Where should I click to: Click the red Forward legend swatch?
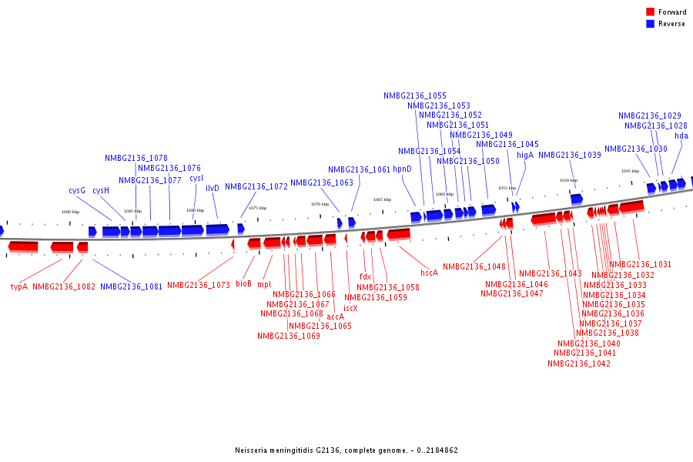(x=651, y=12)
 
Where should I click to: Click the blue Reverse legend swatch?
(x=651, y=24)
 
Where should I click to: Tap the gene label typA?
(x=19, y=286)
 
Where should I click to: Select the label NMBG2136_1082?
(x=64, y=286)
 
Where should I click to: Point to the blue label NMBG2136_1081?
(x=132, y=286)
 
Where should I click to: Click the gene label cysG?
(x=77, y=190)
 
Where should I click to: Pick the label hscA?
(x=429, y=273)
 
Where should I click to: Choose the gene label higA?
(x=525, y=155)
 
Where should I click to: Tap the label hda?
(x=681, y=136)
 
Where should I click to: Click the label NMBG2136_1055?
(x=415, y=95)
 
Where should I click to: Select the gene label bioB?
(x=244, y=283)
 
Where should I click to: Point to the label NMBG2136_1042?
(x=579, y=363)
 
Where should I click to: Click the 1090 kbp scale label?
(x=70, y=212)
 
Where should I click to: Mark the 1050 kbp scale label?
(x=568, y=180)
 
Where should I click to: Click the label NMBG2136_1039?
(x=570, y=155)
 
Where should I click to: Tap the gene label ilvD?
(x=213, y=187)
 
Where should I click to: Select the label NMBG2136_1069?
(x=289, y=336)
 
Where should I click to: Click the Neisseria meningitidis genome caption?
(x=346, y=450)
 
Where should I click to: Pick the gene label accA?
(x=336, y=316)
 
